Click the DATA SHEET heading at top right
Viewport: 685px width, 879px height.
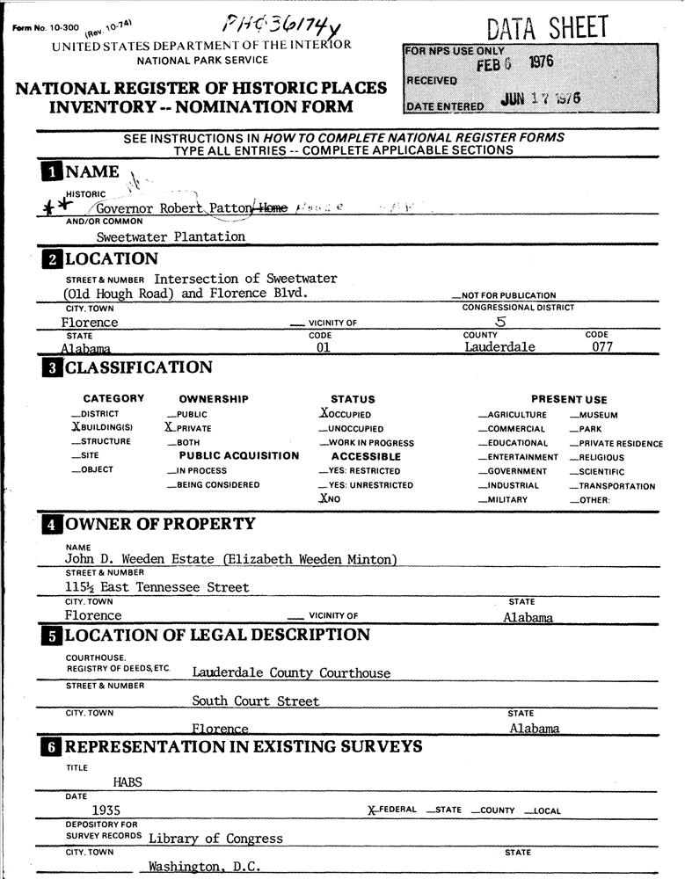tap(547, 28)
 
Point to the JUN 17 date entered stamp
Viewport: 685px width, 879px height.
tap(540, 99)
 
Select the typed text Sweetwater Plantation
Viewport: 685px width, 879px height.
tap(171, 236)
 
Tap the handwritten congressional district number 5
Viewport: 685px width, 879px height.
tap(501, 322)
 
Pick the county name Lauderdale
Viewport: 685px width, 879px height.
tap(499, 346)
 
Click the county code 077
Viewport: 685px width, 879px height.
tap(602, 346)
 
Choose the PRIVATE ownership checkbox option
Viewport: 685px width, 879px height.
tap(190, 428)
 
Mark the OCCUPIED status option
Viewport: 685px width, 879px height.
tap(346, 413)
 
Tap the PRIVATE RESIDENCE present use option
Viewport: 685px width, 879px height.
tap(616, 444)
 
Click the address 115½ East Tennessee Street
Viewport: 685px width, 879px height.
tap(157, 587)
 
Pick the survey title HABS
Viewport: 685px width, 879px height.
tap(128, 781)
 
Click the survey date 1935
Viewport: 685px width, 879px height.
tap(106, 810)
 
